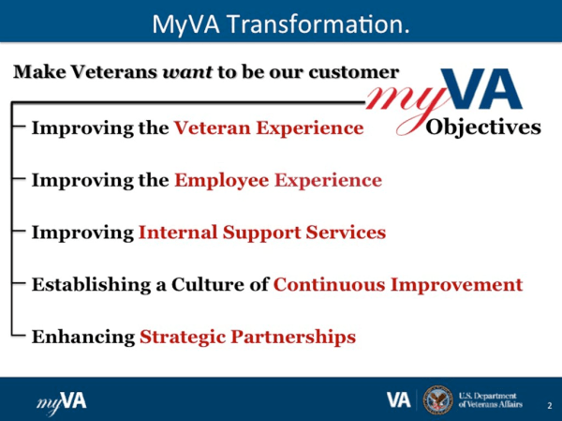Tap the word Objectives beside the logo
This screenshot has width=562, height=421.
click(x=483, y=127)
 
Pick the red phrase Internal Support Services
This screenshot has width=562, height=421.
click(x=261, y=232)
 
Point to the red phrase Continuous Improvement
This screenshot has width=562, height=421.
click(x=397, y=284)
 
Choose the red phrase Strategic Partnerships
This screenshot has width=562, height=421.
click(x=248, y=336)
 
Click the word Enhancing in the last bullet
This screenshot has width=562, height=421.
click(x=84, y=336)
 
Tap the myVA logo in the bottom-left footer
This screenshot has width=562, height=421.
click(x=62, y=400)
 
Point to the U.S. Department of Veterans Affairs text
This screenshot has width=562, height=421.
click(x=493, y=399)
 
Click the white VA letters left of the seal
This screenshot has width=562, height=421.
click(x=399, y=399)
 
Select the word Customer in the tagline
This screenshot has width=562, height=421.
click(x=358, y=72)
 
